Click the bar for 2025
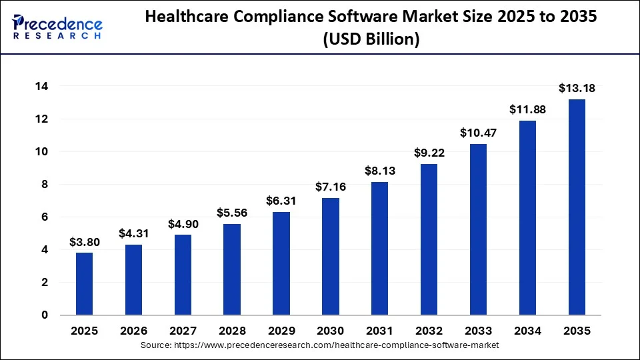(84, 283)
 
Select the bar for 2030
(330, 256)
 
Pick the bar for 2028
(232, 269)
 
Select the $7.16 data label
(330, 186)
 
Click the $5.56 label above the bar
(232, 213)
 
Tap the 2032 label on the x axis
(429, 331)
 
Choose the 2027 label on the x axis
(183, 331)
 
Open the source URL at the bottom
(320, 345)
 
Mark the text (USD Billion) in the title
(371, 39)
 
